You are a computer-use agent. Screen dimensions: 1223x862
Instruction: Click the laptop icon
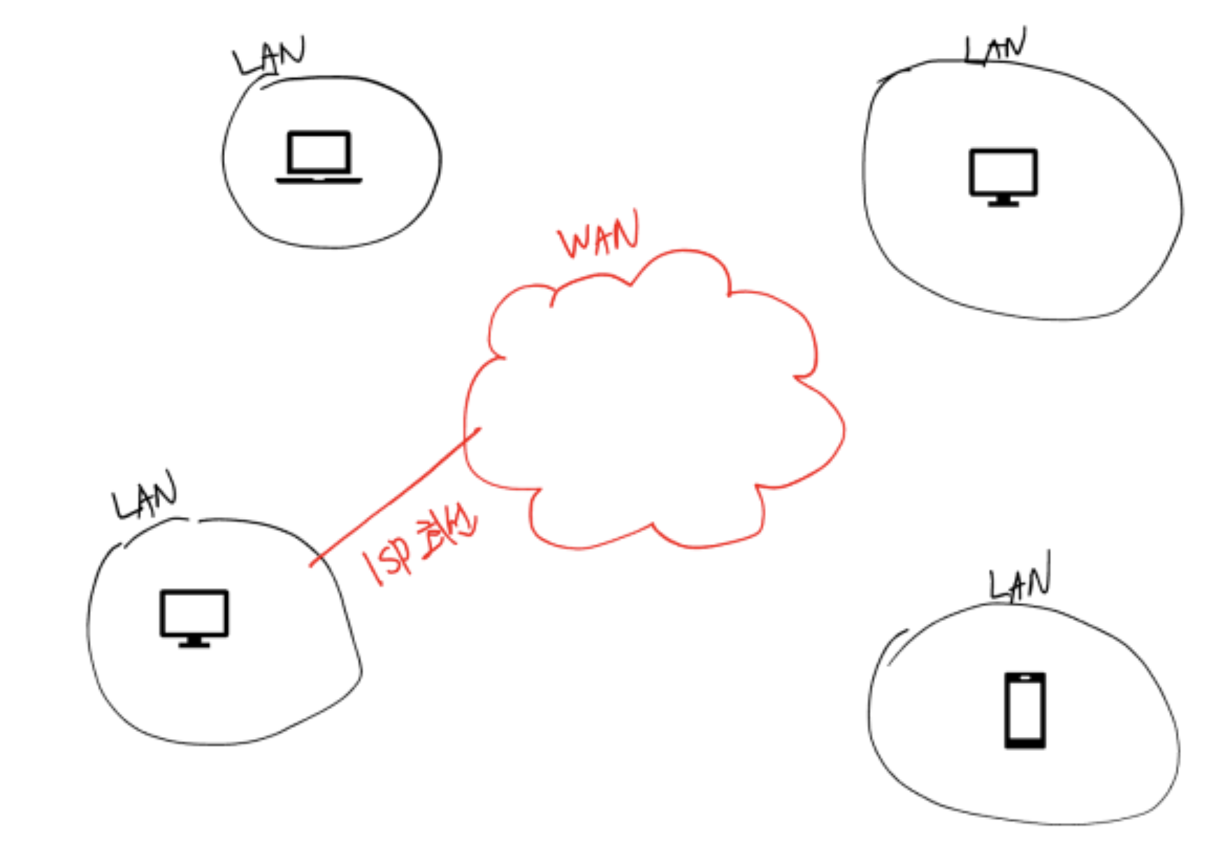(319, 157)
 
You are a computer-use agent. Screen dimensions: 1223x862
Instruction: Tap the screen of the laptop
(319, 152)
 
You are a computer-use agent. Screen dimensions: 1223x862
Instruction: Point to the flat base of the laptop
(319, 180)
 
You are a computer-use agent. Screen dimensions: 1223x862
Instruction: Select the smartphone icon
(1025, 710)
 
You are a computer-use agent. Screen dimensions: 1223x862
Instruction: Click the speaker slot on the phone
(1025, 678)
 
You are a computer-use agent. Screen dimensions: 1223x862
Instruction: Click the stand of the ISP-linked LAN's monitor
(194, 642)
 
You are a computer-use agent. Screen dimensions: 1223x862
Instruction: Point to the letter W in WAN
(574, 242)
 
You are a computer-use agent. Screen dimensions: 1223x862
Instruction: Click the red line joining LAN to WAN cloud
(395, 497)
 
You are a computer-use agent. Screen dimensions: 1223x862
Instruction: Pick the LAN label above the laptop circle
(270, 56)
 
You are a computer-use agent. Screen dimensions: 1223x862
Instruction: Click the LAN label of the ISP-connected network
(145, 496)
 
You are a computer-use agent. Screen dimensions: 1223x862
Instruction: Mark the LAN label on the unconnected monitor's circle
(995, 48)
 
